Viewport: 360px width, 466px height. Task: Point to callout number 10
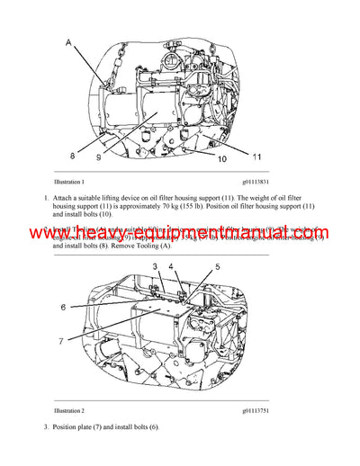(220, 159)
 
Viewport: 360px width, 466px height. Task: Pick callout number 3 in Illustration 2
(155, 266)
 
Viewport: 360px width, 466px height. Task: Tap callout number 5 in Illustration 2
(216, 266)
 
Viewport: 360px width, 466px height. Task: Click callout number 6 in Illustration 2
(64, 306)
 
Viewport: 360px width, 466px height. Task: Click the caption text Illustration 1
(69, 181)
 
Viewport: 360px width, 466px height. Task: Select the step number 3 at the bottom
(45, 425)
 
